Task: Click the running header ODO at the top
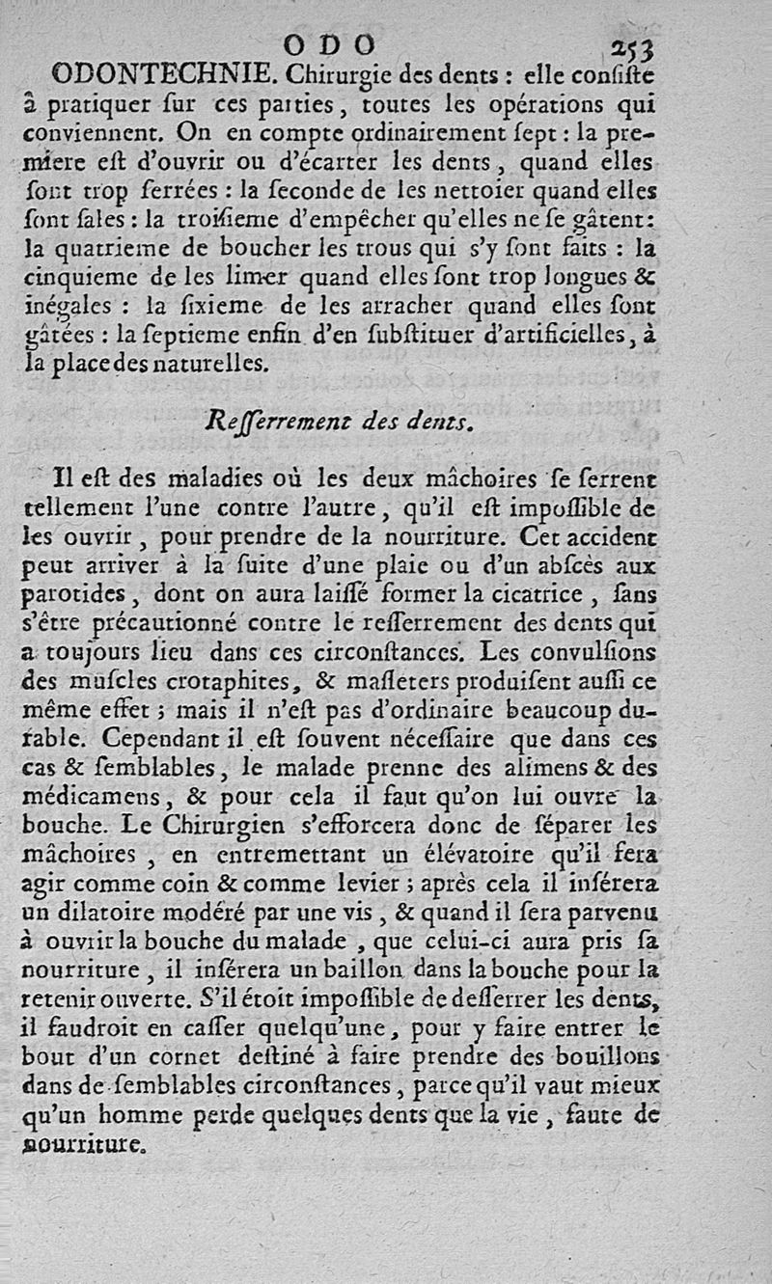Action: pyautogui.click(x=331, y=44)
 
